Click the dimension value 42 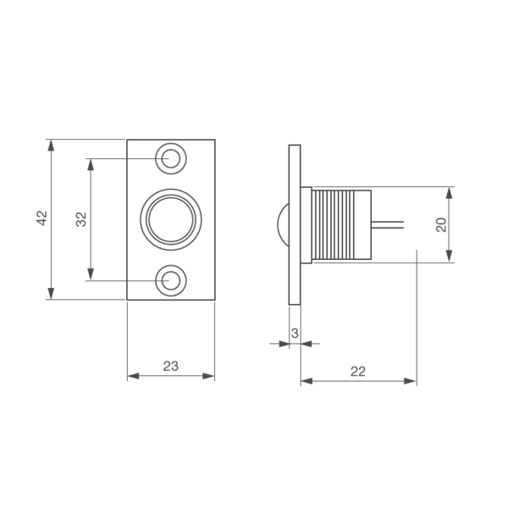pyautogui.click(x=41, y=218)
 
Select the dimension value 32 pyautogui.click(x=81, y=219)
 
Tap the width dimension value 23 pyautogui.click(x=171, y=366)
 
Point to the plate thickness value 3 pyautogui.click(x=295, y=333)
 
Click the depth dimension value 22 pyautogui.click(x=358, y=372)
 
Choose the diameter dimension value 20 pyautogui.click(x=441, y=224)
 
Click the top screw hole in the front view pyautogui.click(x=171, y=158)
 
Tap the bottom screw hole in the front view pyautogui.click(x=171, y=280)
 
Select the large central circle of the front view pyautogui.click(x=171, y=219)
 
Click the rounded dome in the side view pyautogui.click(x=283, y=224)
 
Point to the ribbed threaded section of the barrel pyautogui.click(x=334, y=225)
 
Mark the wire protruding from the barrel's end pyautogui.click(x=388, y=224)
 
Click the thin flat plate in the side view pyautogui.click(x=295, y=224)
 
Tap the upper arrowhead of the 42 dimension pyautogui.click(x=51, y=146)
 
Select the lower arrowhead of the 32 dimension pyautogui.click(x=91, y=274)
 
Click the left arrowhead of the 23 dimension pyautogui.click(x=133, y=376)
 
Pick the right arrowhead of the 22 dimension pyautogui.click(x=410, y=381)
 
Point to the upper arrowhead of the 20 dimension pyautogui.click(x=449, y=193)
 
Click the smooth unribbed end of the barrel pyautogui.click(x=363, y=225)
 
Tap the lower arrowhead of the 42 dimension pyautogui.click(x=51, y=294)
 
